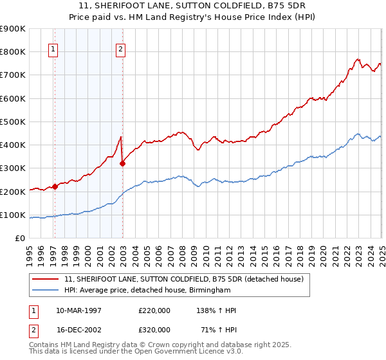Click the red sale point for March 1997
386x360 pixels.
click(55, 186)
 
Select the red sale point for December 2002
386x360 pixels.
click(123, 163)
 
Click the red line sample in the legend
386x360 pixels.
click(45, 279)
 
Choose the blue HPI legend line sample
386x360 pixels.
click(45, 291)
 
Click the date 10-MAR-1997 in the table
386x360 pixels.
click(78, 310)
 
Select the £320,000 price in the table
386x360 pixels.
click(154, 329)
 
